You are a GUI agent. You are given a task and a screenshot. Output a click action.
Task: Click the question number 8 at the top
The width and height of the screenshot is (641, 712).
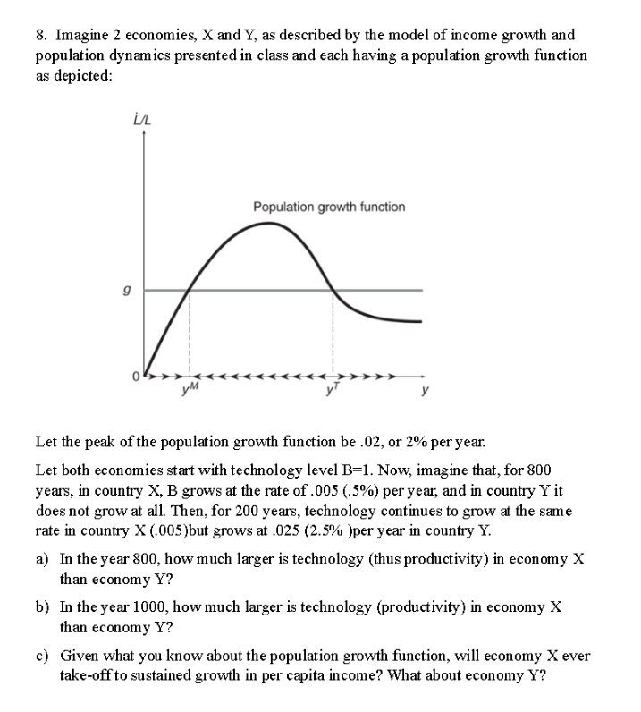pos(41,35)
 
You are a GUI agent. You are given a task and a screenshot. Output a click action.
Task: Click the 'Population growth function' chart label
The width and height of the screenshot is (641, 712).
pos(328,207)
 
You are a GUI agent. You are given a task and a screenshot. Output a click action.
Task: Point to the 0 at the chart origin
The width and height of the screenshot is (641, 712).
pos(137,376)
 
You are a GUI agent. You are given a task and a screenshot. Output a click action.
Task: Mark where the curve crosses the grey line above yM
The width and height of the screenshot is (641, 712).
pos(190,290)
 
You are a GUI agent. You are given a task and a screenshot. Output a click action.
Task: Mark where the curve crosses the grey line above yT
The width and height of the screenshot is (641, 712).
pos(333,290)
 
